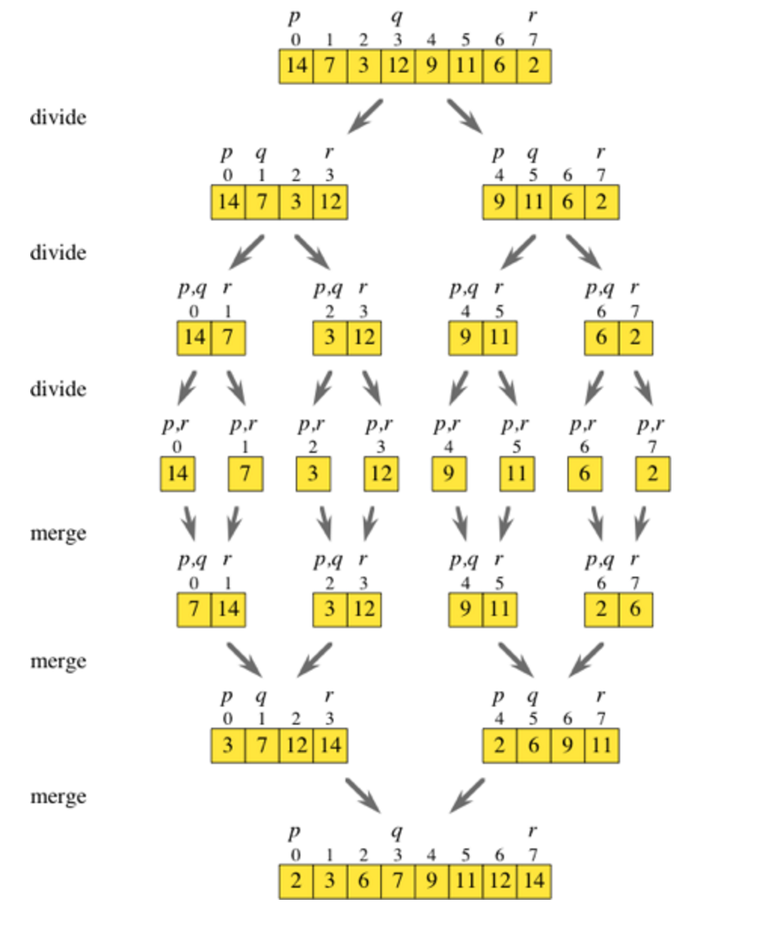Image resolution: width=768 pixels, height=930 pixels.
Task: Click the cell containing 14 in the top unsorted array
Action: [296, 66]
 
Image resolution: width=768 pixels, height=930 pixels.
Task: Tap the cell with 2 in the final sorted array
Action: [296, 882]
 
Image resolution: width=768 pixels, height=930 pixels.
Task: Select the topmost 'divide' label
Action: [58, 118]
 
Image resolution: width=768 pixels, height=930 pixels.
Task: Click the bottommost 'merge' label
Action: [58, 797]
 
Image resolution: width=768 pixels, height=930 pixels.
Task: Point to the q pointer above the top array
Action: [397, 17]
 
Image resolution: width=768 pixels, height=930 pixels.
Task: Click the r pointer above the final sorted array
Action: [533, 831]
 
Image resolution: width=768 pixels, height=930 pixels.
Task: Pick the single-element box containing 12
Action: [381, 474]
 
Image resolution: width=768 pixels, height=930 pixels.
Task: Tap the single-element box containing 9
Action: [449, 474]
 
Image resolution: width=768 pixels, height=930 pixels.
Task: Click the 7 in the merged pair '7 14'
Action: [194, 610]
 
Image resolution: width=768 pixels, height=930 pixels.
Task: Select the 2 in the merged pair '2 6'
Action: [601, 610]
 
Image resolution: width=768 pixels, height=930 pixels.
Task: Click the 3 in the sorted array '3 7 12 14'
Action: [228, 746]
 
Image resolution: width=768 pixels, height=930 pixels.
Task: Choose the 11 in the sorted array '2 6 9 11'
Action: [602, 746]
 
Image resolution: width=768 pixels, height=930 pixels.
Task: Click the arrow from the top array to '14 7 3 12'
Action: [365, 116]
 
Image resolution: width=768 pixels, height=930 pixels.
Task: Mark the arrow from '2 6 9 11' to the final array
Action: [466, 796]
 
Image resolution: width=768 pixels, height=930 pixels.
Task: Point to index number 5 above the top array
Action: [465, 41]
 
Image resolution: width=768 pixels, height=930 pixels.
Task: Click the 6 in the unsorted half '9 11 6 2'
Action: [567, 202]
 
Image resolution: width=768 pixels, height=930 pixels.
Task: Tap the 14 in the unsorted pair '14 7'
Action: [194, 338]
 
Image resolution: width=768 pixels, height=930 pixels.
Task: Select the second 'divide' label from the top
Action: [58, 253]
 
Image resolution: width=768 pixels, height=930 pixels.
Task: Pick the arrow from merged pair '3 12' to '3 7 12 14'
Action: [315, 660]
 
